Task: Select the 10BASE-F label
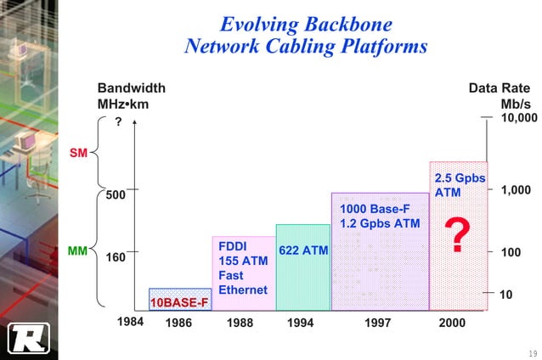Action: point(178,302)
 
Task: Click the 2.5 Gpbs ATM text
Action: point(460,185)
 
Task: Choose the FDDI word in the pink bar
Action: point(233,246)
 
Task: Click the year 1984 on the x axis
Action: point(129,322)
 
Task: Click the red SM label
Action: point(78,153)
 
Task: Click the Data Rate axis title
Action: point(499,88)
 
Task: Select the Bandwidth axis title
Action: point(132,88)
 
